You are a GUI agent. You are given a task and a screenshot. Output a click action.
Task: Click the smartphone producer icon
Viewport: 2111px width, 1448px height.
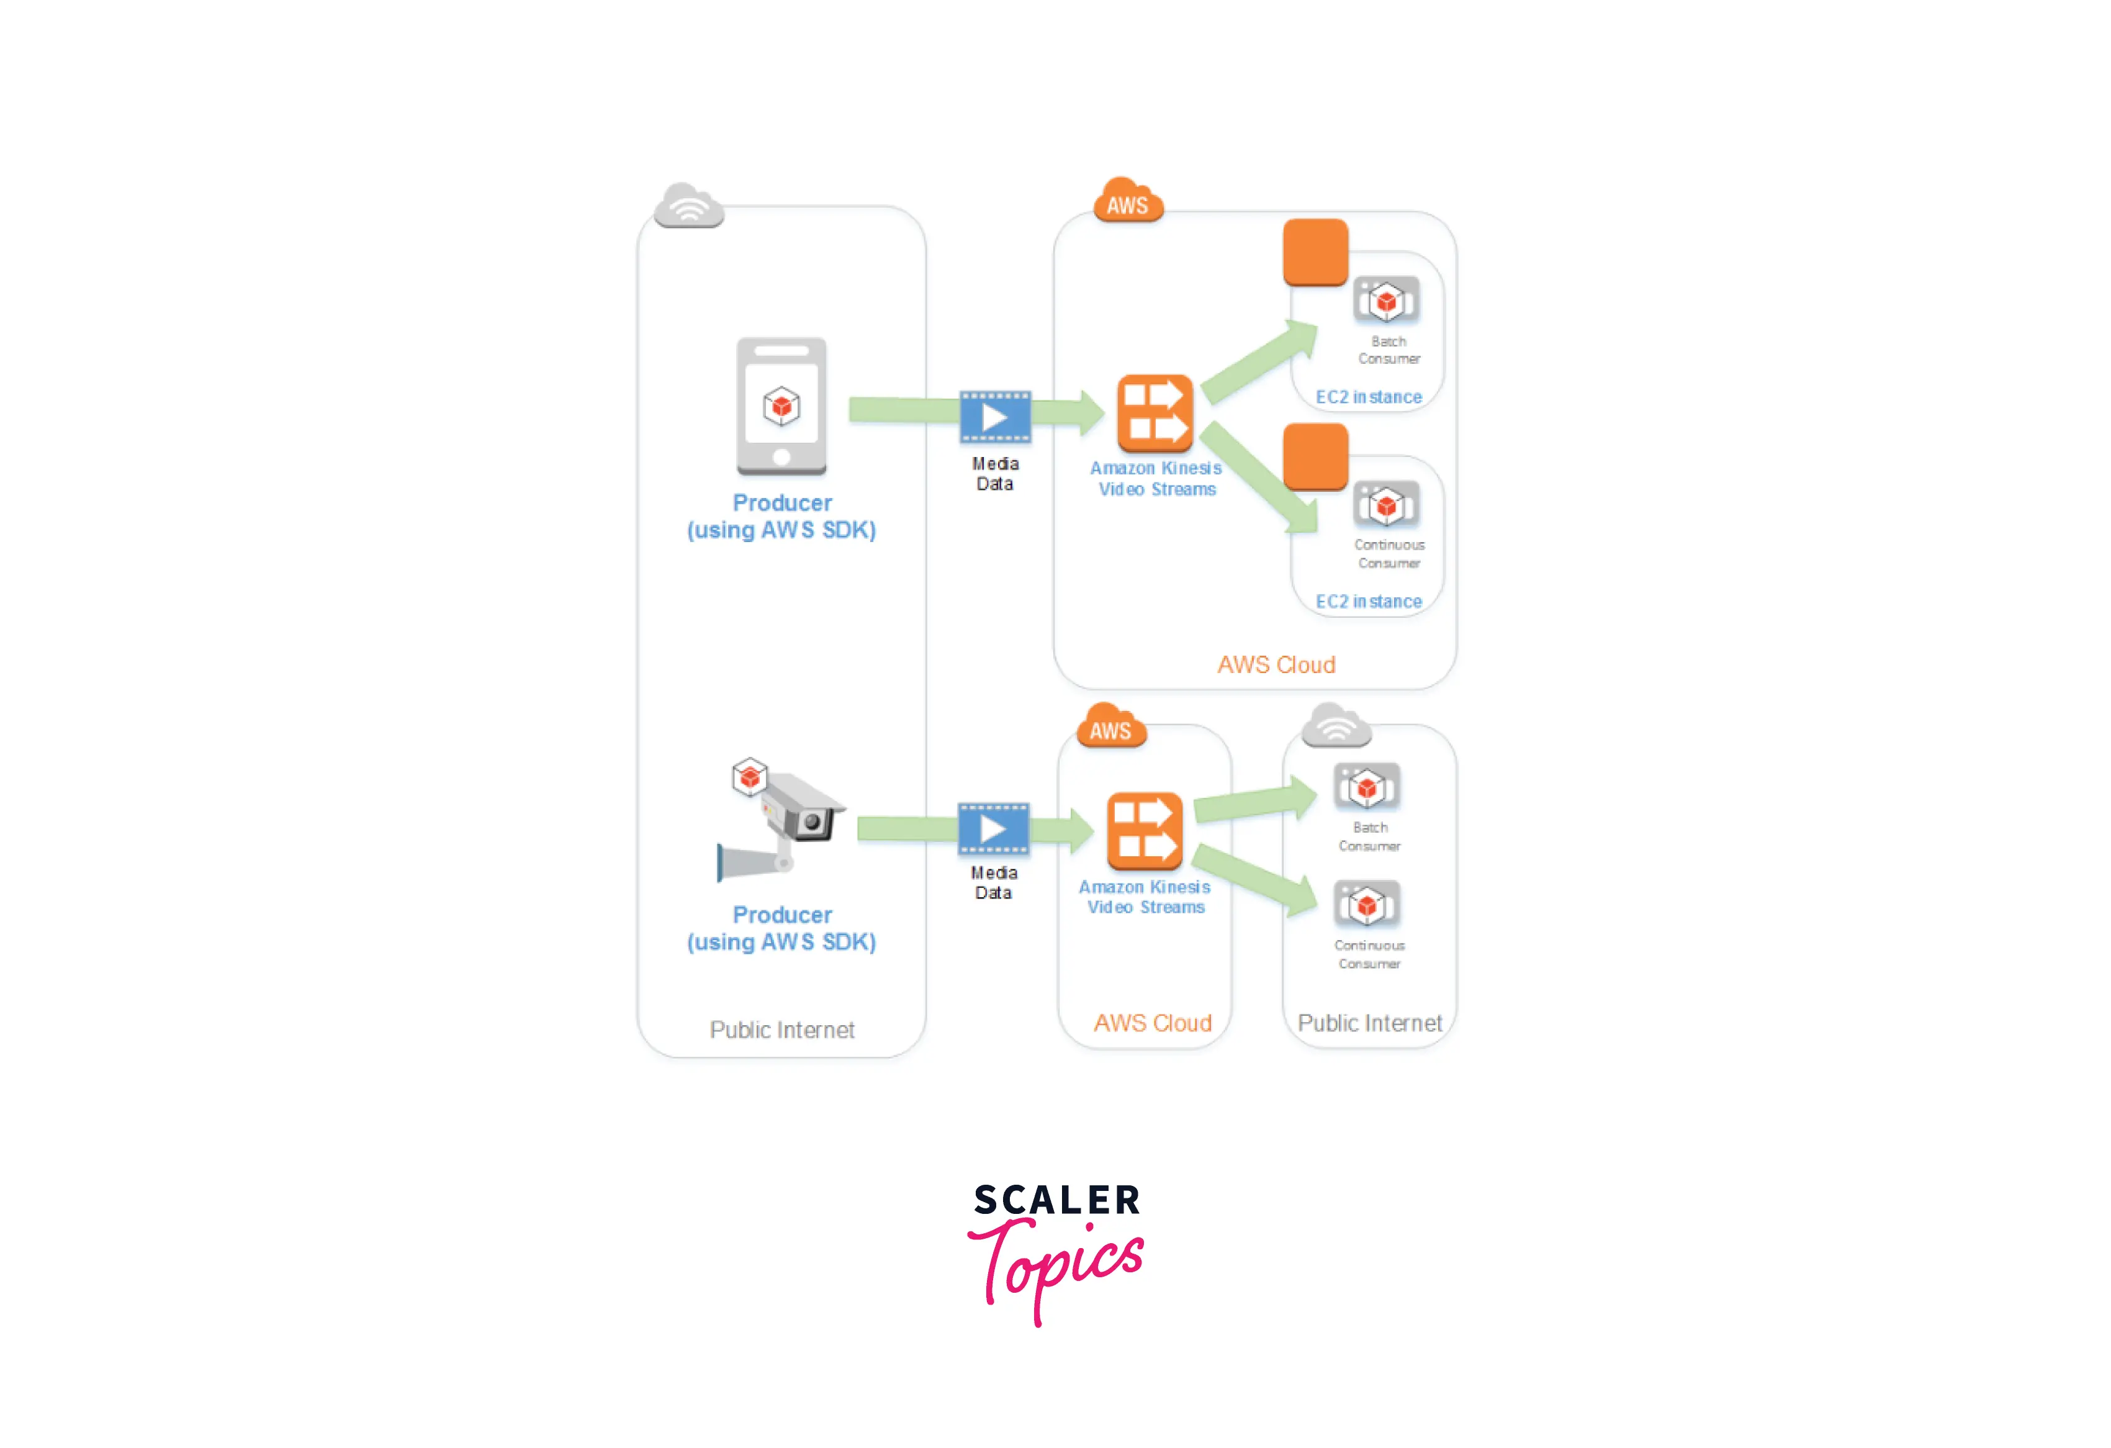781,406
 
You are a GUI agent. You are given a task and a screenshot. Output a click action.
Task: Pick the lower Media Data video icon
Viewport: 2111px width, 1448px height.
994,828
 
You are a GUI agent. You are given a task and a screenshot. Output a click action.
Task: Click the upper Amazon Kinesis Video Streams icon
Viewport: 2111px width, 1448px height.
1155,414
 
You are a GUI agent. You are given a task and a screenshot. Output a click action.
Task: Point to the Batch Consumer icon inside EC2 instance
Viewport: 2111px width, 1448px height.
1386,301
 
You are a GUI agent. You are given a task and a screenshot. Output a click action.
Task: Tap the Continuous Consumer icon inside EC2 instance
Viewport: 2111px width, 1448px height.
1386,505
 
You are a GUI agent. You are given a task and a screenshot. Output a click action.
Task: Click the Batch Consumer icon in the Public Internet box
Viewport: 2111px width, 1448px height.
1367,787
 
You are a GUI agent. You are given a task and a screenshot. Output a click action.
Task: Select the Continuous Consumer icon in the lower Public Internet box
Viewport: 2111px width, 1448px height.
1367,905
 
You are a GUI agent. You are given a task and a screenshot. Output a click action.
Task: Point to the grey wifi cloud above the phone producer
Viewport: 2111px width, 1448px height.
690,206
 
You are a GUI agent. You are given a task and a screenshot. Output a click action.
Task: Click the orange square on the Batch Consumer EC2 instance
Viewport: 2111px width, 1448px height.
1315,251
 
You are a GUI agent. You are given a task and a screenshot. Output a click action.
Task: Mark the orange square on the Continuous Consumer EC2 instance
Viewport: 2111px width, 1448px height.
1315,456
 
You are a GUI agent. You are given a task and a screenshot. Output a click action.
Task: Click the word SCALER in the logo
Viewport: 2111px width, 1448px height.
1056,1200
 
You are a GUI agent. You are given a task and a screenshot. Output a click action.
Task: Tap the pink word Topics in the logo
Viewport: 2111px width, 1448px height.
1058,1264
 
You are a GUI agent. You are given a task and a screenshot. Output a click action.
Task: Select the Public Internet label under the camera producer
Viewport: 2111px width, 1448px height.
782,1029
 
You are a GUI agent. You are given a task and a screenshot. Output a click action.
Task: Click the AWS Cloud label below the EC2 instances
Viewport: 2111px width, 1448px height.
1276,665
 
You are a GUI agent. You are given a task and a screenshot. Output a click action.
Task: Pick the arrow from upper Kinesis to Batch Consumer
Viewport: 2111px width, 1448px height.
1259,363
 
